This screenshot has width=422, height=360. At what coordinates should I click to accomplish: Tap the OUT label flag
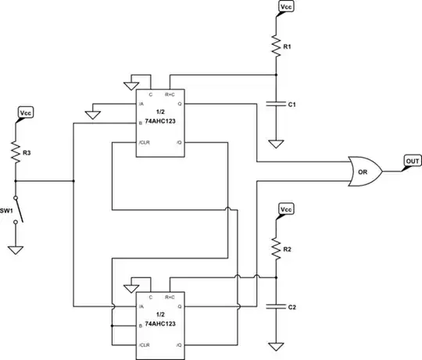click(412, 162)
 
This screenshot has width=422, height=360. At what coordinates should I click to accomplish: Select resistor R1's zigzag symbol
click(275, 45)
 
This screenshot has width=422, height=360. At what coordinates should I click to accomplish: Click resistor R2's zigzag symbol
click(275, 248)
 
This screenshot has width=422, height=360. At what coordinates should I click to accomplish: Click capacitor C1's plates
click(275, 102)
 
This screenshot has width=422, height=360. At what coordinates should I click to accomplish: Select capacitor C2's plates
click(275, 306)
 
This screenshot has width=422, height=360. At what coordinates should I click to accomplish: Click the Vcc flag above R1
click(287, 7)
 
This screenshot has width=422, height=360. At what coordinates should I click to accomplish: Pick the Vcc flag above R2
click(287, 210)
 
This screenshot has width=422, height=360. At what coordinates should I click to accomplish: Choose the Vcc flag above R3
click(26, 113)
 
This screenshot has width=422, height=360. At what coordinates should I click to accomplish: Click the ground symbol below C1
click(275, 143)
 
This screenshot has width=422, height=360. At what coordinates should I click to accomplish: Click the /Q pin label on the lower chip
click(178, 344)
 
